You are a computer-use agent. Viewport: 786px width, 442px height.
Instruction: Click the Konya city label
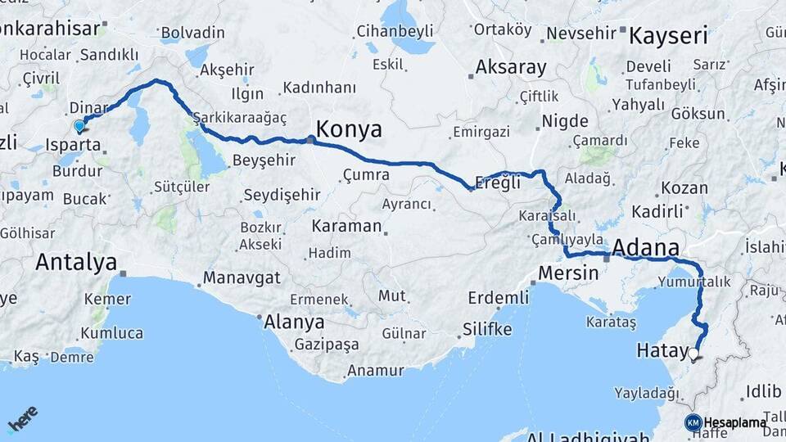(x=349, y=129)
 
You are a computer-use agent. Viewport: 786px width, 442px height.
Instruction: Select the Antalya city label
(x=75, y=262)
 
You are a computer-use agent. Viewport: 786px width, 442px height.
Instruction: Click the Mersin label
(x=569, y=273)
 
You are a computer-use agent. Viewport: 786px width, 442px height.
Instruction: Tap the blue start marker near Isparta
(x=79, y=126)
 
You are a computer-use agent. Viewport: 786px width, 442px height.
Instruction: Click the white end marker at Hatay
(x=694, y=354)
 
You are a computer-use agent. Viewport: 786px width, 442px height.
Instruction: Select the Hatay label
(x=662, y=351)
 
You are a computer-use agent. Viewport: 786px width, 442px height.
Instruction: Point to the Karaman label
(x=347, y=225)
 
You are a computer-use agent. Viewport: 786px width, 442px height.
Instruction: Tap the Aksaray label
(x=511, y=67)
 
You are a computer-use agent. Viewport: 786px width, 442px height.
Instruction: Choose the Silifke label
(x=487, y=329)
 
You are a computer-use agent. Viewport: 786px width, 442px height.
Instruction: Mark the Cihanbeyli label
(x=394, y=32)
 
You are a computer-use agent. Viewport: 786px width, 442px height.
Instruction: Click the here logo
(x=23, y=421)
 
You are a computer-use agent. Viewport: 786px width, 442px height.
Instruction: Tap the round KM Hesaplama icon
(x=693, y=422)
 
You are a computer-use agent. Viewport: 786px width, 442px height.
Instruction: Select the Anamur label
(x=375, y=371)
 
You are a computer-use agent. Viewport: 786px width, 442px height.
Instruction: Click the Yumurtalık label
(x=693, y=282)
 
